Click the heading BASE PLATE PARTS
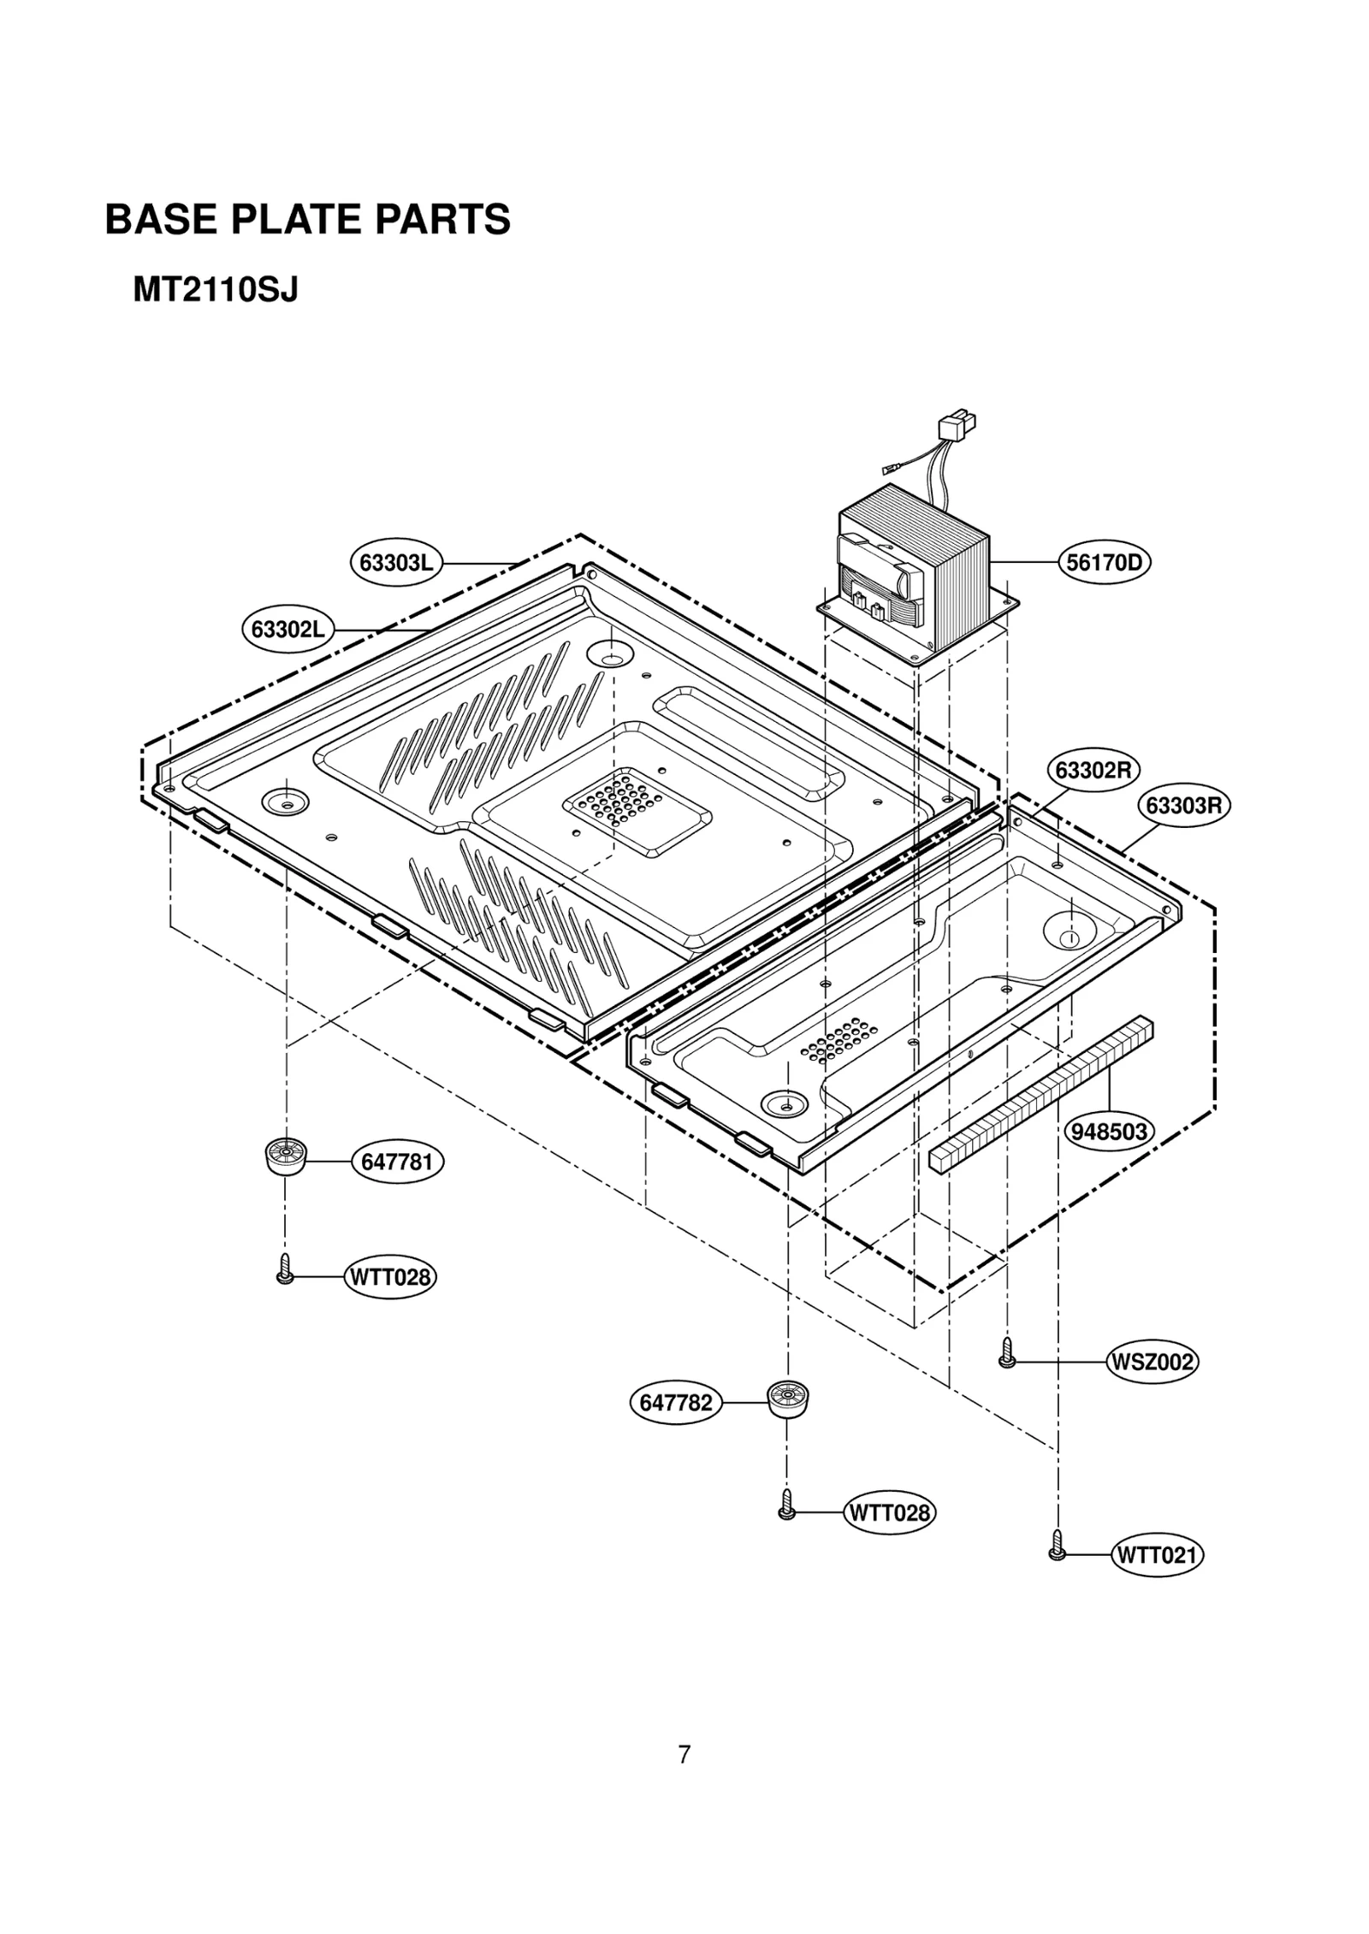pos(307,220)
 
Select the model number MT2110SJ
pos(215,291)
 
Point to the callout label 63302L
pos(287,630)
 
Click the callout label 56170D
pos(1105,563)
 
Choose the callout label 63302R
pos(1093,771)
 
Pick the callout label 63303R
pos(1182,806)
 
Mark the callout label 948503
pos(1108,1132)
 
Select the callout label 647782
pos(676,1403)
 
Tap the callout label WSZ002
pos(1151,1362)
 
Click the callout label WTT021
pos(1156,1555)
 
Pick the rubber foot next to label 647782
pos(787,1399)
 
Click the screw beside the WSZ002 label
pos(1007,1353)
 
